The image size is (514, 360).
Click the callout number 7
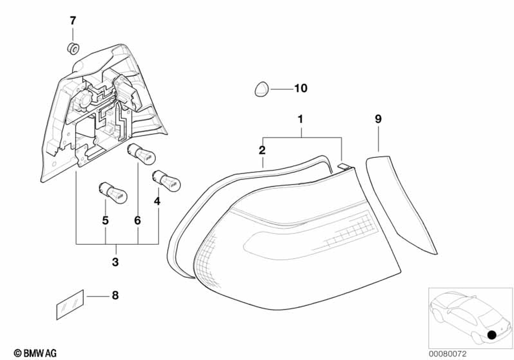pyautogui.click(x=72, y=21)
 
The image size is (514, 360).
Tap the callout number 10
pyautogui.click(x=300, y=88)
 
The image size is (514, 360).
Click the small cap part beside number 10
pyautogui.click(x=261, y=89)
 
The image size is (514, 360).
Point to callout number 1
pyautogui.click(x=301, y=120)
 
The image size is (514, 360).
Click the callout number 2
pyautogui.click(x=262, y=150)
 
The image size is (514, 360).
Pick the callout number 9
pyautogui.click(x=378, y=120)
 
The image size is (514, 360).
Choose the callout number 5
pyautogui.click(x=105, y=221)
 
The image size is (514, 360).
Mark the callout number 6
pyautogui.click(x=137, y=221)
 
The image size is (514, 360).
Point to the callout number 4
pyautogui.click(x=157, y=201)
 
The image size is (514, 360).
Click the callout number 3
pyautogui.click(x=115, y=262)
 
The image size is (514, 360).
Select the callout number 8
pyautogui.click(x=115, y=295)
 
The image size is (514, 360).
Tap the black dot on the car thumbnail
pyautogui.click(x=492, y=335)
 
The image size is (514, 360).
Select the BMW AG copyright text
pyautogui.click(x=35, y=353)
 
